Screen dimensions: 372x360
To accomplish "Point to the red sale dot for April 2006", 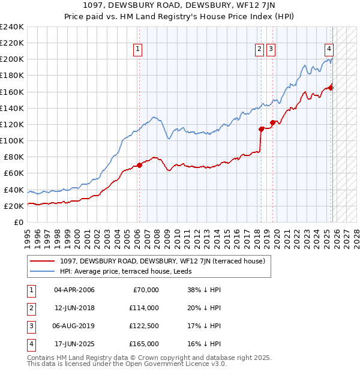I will coord(139,165).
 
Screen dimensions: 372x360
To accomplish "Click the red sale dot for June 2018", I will coord(261,129).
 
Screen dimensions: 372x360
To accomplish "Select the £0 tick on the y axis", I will coord(19,222).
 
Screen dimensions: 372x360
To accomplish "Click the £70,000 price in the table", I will coord(145,290).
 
